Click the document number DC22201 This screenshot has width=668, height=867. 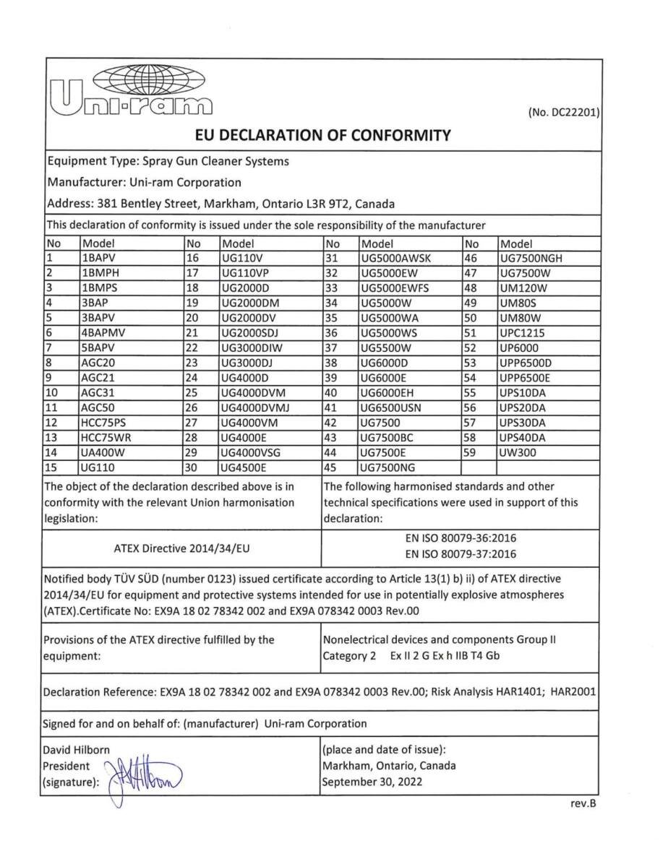pyautogui.click(x=562, y=113)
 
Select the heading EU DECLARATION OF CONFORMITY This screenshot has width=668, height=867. pyautogui.click(x=323, y=135)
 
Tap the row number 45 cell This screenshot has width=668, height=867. pyautogui.click(x=333, y=467)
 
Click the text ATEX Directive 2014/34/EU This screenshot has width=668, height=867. pyautogui.click(x=181, y=548)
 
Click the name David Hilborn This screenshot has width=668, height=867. pyautogui.click(x=77, y=750)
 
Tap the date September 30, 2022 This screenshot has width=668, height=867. pyautogui.click(x=372, y=782)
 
